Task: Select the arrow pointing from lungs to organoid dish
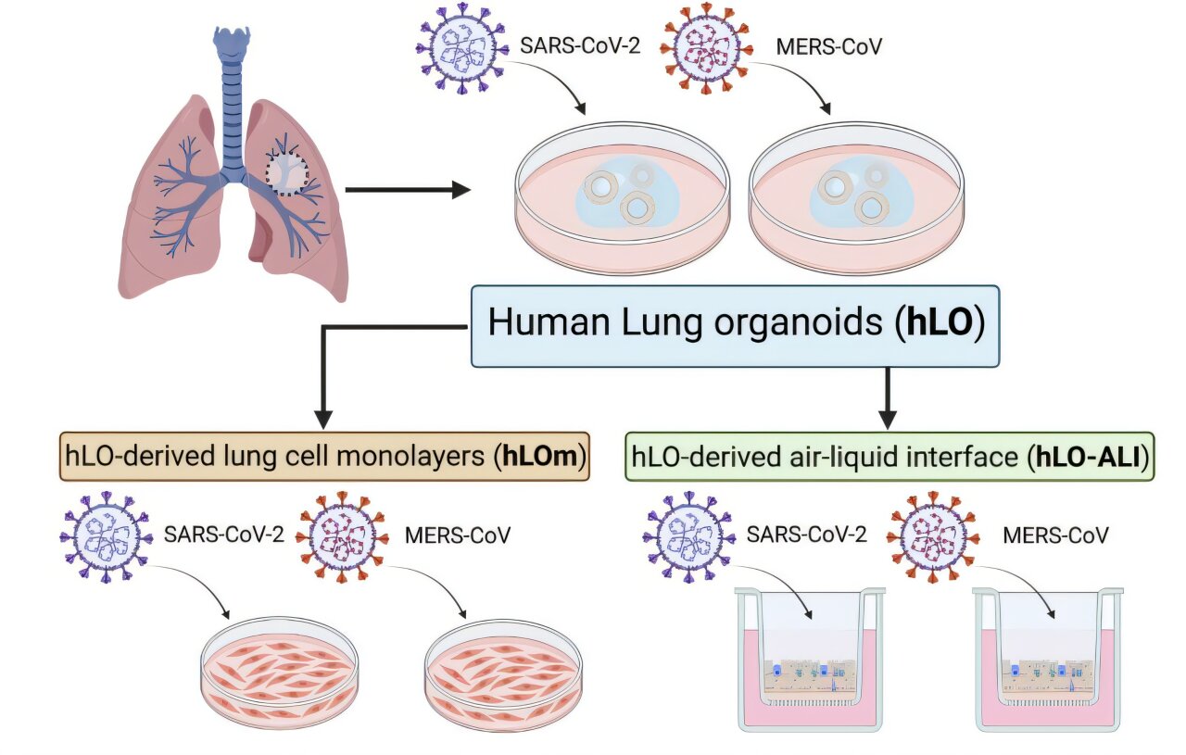click(408, 191)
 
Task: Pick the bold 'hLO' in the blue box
click(937, 323)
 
